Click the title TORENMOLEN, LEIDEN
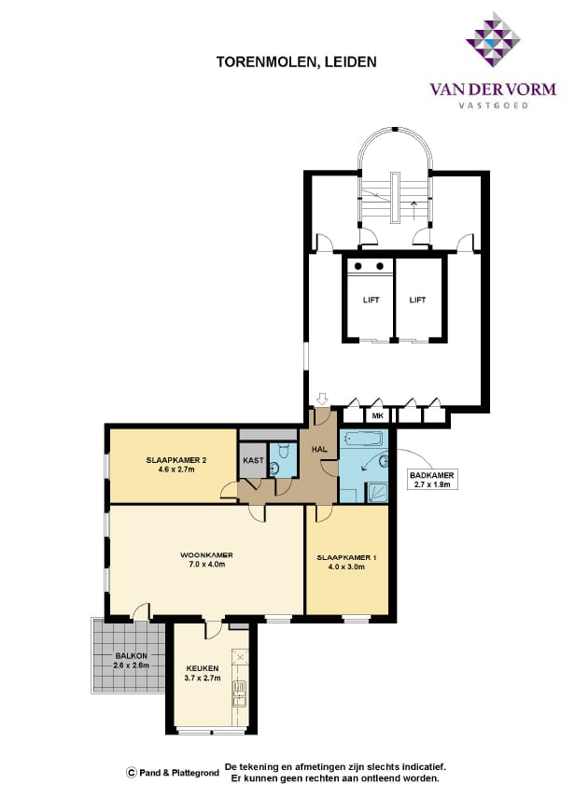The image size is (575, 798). coord(296,62)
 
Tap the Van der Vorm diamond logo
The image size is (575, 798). coord(493,39)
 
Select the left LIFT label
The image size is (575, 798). coord(371,300)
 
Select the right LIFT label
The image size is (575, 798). coord(417,300)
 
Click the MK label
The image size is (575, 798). coord(377,415)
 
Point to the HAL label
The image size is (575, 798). coord(319,449)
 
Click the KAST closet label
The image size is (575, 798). coord(253,460)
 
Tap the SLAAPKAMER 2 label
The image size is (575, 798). coord(176,460)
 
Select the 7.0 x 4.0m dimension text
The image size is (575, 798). coord(206,564)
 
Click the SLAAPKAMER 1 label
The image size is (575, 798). coord(346,557)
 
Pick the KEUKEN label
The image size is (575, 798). coord(203,668)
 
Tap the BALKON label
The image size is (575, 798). coord(128,656)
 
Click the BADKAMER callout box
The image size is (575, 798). coord(431,480)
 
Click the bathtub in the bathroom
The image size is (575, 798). coord(363,438)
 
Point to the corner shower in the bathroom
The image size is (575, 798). coord(377,493)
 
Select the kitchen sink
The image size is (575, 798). coord(239,694)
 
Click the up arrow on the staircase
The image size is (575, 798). coord(414,210)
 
